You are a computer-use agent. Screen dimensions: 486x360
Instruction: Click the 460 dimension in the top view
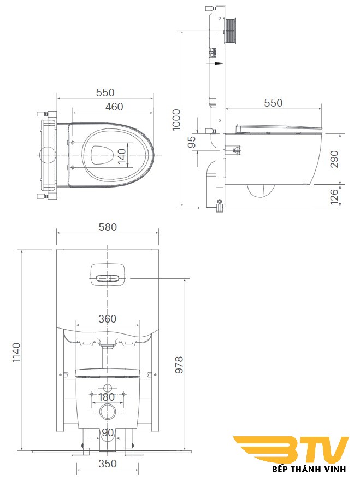[x=114, y=107]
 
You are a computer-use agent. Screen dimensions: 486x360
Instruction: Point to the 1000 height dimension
[x=176, y=119]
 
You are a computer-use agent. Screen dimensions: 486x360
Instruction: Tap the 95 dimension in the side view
[x=192, y=142]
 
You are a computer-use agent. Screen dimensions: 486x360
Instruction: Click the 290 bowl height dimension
[x=334, y=159]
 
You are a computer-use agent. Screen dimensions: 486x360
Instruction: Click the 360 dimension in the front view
[x=107, y=319]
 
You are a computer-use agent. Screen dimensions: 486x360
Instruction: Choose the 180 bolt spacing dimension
[x=107, y=397]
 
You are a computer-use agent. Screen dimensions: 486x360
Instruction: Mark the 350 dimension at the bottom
[x=107, y=464]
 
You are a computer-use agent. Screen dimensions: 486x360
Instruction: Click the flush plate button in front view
[x=107, y=277]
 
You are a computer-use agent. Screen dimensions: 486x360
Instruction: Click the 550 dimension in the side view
[x=273, y=103]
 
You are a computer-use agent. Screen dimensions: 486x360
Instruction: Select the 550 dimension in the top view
[x=105, y=92]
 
